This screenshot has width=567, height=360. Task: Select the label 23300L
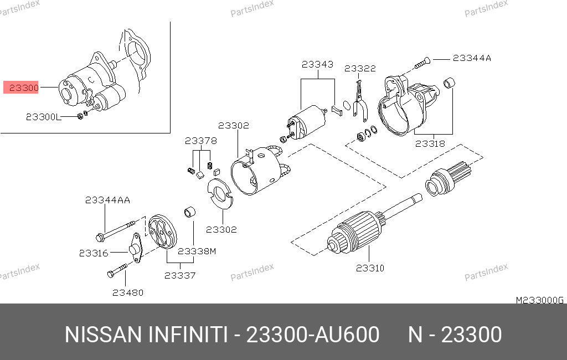(43, 117)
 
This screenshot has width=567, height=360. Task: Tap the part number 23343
(317, 64)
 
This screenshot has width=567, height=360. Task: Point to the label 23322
(360, 68)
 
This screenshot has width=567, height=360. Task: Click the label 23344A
(472, 58)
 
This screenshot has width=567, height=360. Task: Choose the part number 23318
(430, 143)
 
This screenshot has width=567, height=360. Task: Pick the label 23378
(200, 141)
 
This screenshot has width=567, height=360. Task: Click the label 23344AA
(107, 200)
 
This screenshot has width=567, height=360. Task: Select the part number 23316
(94, 253)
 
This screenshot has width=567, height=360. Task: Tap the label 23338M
(197, 251)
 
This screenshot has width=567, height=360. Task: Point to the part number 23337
(180, 276)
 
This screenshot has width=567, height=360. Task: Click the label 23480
(128, 292)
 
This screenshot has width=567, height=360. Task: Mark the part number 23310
(370, 268)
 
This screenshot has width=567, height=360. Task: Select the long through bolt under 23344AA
(116, 230)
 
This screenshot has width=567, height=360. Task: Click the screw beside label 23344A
(422, 63)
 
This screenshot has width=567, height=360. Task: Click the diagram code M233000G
(539, 300)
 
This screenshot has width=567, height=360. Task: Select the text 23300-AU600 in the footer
(313, 335)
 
